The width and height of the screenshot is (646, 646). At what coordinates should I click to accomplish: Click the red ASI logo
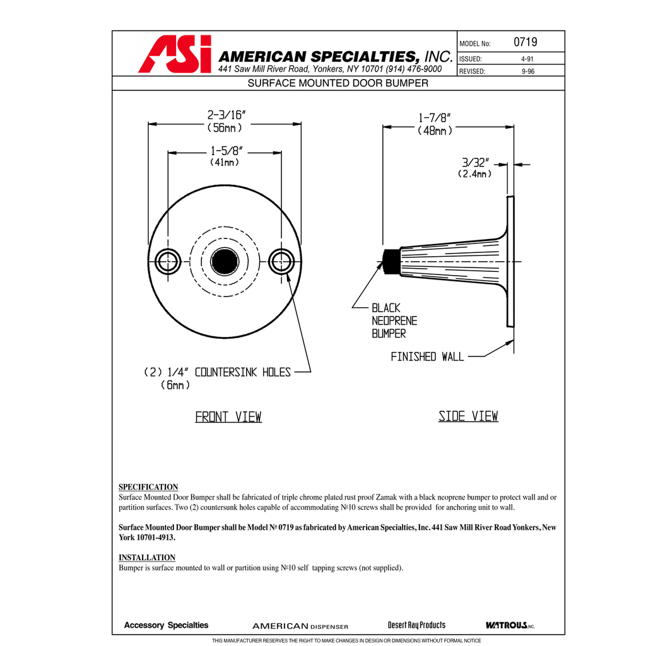(x=175, y=54)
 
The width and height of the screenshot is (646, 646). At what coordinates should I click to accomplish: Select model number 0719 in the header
(x=525, y=42)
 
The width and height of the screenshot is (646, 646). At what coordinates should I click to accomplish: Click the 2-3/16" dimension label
(x=226, y=115)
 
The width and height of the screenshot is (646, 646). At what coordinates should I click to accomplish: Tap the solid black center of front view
(x=225, y=261)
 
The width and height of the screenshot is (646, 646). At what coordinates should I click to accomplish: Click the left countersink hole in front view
(x=168, y=261)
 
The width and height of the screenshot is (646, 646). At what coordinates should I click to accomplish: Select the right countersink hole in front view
(x=281, y=261)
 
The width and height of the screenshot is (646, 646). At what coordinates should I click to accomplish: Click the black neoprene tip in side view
(x=392, y=261)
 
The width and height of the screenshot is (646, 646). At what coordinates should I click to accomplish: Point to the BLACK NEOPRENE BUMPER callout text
(x=394, y=320)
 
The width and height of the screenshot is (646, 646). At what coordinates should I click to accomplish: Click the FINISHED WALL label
(x=427, y=357)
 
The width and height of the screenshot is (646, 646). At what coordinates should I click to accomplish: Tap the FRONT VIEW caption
(x=228, y=417)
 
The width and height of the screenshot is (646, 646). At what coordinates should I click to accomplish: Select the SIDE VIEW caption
(x=468, y=416)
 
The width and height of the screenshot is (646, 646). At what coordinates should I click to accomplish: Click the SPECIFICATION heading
(x=148, y=487)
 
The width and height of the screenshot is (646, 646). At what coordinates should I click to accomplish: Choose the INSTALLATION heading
(x=147, y=558)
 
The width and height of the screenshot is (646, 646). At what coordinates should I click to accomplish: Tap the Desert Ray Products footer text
(x=416, y=625)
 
